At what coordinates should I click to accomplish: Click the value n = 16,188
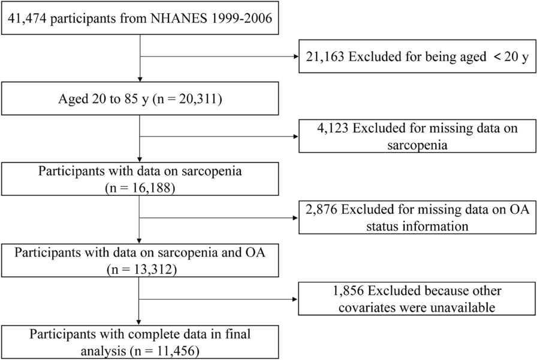click(x=139, y=185)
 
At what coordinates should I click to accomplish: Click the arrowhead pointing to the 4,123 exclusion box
click(x=295, y=136)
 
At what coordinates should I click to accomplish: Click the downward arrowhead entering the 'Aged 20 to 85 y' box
click(x=140, y=79)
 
